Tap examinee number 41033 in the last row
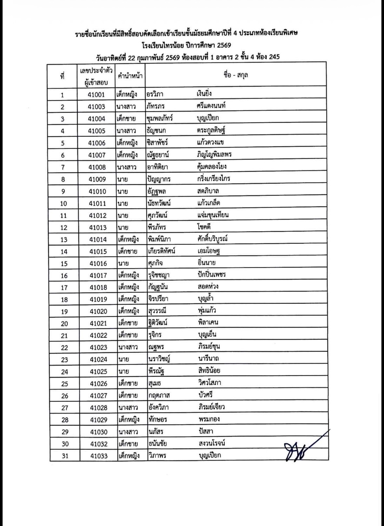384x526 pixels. click(x=99, y=456)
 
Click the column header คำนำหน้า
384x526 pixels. click(x=130, y=75)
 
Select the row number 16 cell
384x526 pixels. click(x=64, y=276)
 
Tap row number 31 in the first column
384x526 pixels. click(x=65, y=456)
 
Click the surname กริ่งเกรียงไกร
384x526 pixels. click(x=213, y=179)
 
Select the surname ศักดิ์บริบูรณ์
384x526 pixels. click(x=212, y=239)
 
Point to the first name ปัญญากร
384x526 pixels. click(x=159, y=179)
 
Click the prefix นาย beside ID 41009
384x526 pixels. click(x=123, y=179)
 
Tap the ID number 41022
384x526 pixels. click(x=99, y=335)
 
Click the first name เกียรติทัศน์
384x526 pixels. click(x=161, y=251)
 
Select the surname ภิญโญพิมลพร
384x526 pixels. click(x=214, y=154)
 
